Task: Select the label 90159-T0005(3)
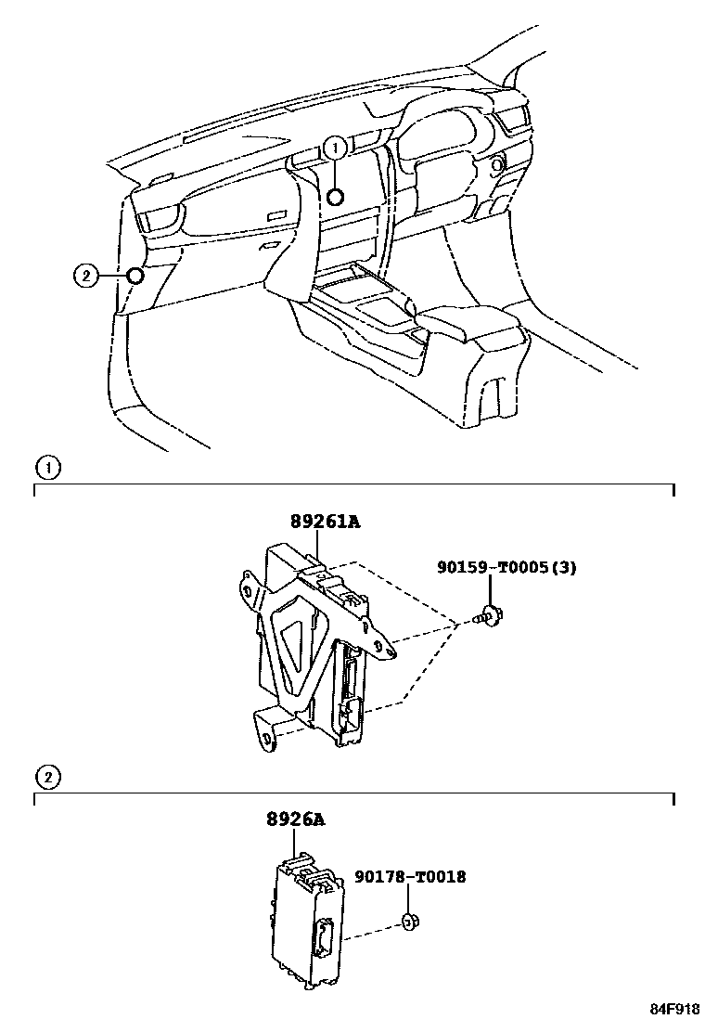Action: click(506, 567)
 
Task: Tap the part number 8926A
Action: click(296, 819)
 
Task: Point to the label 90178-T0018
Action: click(409, 876)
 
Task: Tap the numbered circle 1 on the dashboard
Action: click(336, 147)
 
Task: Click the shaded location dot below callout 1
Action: click(336, 196)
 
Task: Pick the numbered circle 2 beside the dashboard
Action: click(84, 275)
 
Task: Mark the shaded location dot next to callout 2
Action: click(135, 275)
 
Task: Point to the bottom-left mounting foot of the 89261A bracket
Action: click(266, 736)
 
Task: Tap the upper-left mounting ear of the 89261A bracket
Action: click(246, 588)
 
